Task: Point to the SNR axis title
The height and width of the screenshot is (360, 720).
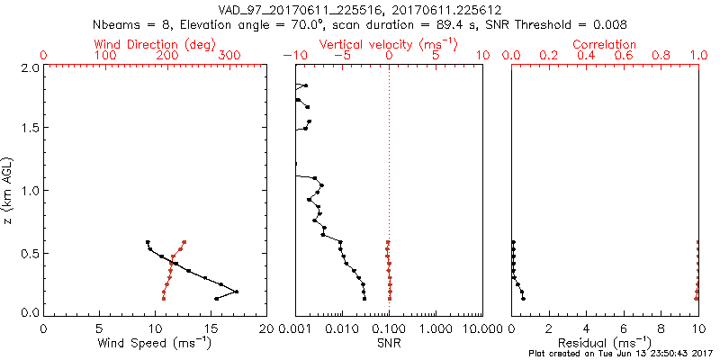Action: point(389,344)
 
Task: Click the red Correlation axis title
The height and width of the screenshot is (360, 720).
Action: point(605,44)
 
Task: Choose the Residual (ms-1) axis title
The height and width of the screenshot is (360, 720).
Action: point(605,344)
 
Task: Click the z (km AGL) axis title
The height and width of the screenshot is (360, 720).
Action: point(9,190)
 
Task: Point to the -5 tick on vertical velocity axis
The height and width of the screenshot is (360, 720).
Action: point(341,56)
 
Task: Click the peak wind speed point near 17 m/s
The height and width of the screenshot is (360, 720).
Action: point(236,292)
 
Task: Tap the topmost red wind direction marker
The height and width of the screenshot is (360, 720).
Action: point(184,242)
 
